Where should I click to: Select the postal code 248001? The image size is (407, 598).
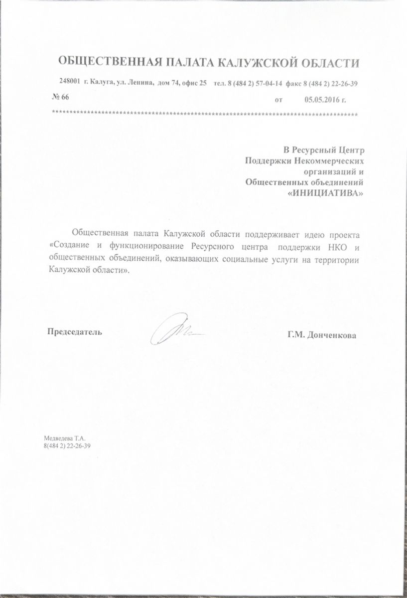coord(70,82)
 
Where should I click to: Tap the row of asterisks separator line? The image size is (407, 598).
coord(204,114)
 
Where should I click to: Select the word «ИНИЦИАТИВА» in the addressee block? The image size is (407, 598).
coord(326,193)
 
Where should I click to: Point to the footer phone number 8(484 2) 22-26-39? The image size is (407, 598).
coord(67,446)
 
